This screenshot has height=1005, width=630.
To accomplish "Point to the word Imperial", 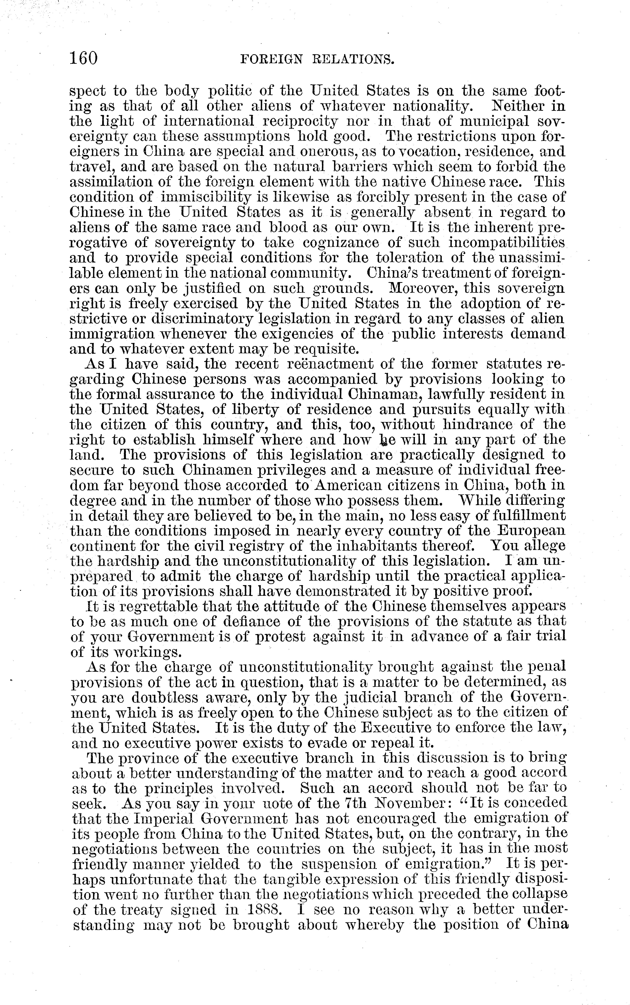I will [162, 818].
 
